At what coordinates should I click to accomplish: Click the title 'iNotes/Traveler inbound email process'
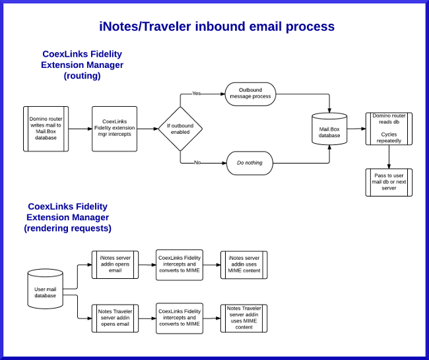[x=216, y=27]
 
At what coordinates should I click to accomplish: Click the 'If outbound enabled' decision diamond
[x=180, y=129]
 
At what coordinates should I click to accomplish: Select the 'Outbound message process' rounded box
[x=250, y=94]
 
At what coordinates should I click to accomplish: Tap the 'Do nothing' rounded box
[x=250, y=162]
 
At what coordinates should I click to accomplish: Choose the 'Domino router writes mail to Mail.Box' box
[x=46, y=129]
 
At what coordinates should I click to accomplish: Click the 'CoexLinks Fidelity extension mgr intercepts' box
[x=114, y=129]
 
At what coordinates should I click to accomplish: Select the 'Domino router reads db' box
[x=389, y=129]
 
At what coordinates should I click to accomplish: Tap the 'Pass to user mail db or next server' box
[x=389, y=181]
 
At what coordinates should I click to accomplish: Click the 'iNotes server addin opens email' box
[x=114, y=265]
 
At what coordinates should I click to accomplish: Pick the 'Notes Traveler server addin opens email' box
[x=114, y=318]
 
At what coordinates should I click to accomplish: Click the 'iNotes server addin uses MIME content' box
[x=244, y=265]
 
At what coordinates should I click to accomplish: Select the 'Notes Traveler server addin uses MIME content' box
[x=244, y=318]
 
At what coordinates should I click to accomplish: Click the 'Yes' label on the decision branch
[x=196, y=93]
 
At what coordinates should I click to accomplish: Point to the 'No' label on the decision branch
[x=197, y=162]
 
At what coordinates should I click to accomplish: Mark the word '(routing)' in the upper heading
[x=82, y=76]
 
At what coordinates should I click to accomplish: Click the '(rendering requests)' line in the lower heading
[x=67, y=228]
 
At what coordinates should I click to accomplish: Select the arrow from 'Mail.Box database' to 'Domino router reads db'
[x=356, y=129]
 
